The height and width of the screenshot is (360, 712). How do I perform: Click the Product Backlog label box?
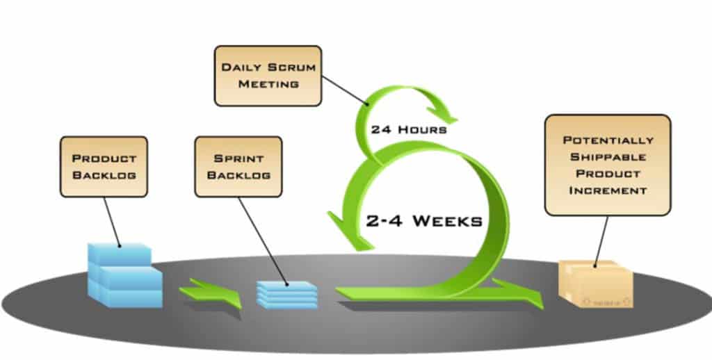click(x=104, y=167)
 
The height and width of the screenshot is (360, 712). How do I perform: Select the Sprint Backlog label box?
click(x=238, y=167)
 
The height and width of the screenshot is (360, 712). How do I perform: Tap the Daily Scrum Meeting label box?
click(x=268, y=76)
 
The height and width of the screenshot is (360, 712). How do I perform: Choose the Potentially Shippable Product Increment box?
click(x=608, y=165)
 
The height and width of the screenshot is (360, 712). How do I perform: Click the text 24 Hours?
click(x=409, y=130)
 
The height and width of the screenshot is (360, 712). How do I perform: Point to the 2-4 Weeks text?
click(x=423, y=221)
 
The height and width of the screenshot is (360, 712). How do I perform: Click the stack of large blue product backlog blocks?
click(x=125, y=275)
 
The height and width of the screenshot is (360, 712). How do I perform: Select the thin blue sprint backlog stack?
click(x=286, y=295)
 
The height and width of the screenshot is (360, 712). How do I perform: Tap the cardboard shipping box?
click(x=596, y=284)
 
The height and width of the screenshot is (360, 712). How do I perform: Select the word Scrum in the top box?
click(x=291, y=67)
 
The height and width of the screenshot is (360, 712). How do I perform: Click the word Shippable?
click(x=608, y=157)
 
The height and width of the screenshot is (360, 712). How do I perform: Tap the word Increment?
click(x=608, y=190)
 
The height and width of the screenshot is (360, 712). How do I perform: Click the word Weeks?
click(x=448, y=221)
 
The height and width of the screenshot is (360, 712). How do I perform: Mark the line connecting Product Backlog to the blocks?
click(x=112, y=222)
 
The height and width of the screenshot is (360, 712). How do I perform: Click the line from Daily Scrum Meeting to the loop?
click(x=345, y=90)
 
